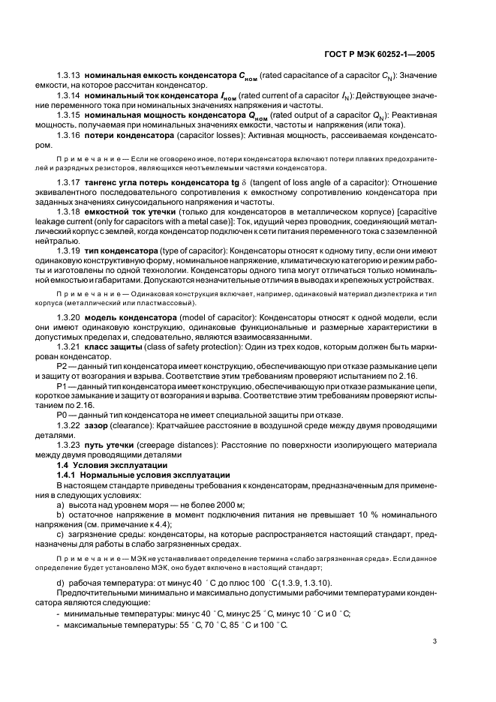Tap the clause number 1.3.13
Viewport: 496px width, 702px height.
pos(69,76)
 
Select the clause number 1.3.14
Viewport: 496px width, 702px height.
pos(69,96)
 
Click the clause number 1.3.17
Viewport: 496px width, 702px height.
pos(69,182)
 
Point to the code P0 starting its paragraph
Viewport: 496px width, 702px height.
pos(62,415)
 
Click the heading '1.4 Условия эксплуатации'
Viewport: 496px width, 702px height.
pos(107,465)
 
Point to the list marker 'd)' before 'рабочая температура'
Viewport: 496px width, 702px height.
pos(60,583)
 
